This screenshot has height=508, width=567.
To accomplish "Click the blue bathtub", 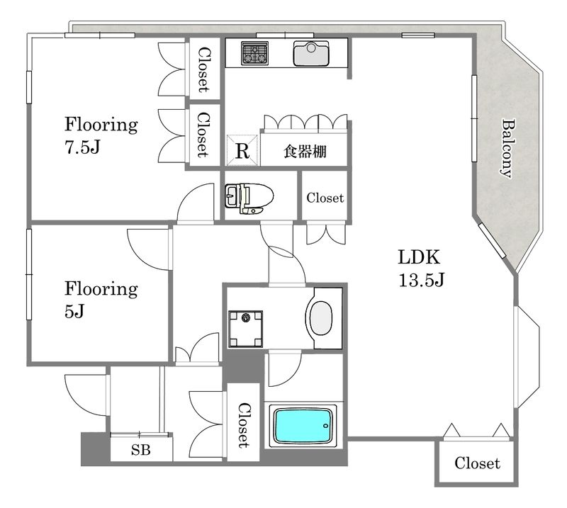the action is (303, 426).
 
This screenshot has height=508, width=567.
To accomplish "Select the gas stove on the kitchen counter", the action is (255, 54).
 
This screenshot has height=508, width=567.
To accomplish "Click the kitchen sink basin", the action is (311, 54).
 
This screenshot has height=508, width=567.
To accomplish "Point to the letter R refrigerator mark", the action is (242, 151).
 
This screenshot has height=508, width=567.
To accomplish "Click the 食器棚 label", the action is (305, 151).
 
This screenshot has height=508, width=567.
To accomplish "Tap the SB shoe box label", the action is (140, 450).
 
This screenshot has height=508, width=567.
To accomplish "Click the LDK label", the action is (419, 257).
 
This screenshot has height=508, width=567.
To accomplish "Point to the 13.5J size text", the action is (421, 279).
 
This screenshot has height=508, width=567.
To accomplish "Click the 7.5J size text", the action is (82, 147).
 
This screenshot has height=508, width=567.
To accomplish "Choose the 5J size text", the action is (74, 310).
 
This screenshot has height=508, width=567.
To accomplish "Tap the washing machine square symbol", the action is (245, 329).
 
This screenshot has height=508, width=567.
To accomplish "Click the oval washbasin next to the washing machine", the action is (321, 318).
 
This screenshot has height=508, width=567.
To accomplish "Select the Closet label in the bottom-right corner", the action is (477, 463).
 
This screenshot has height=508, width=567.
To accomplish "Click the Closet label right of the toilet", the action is (325, 198).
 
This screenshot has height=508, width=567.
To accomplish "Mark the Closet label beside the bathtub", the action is (243, 425).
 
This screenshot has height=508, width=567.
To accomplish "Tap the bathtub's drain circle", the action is (325, 426).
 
